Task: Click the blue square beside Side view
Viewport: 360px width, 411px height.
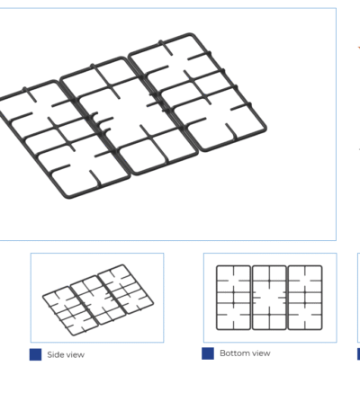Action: [x=35, y=354]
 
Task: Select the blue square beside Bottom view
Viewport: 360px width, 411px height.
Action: [x=208, y=353]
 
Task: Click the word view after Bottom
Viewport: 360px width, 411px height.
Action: [x=261, y=353]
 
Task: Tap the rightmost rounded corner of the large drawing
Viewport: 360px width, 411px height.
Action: [x=265, y=129]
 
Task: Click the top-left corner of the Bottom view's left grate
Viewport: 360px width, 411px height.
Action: [x=217, y=266]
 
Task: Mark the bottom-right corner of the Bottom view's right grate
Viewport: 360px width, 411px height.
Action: [x=321, y=329]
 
